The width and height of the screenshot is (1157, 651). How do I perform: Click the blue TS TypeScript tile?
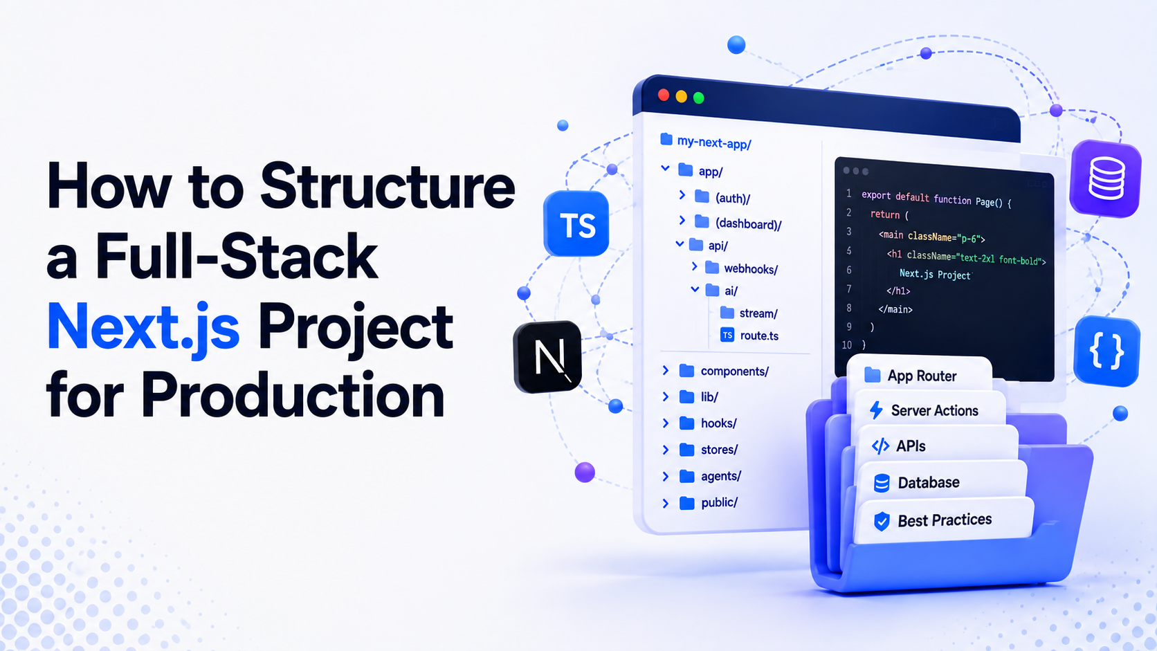576,223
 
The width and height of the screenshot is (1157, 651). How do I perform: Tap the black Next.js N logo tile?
547,357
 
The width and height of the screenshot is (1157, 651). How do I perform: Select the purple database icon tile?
1105,178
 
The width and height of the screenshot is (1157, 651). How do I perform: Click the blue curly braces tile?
1106,351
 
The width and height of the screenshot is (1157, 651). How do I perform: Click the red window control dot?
664,95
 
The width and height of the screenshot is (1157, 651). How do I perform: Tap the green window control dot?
699,98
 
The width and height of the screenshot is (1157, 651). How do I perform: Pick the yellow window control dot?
682,97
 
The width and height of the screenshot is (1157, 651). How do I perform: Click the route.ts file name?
759,336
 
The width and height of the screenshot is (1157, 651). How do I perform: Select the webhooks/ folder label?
751,269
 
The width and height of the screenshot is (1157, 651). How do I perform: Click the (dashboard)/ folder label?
749,224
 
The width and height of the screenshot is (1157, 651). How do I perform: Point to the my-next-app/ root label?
714,143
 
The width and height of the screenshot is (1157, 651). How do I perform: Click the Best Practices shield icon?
882,522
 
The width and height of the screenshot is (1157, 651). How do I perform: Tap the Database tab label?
929,483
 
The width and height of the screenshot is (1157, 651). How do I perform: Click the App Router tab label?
922,376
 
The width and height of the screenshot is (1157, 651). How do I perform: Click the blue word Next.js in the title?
144,327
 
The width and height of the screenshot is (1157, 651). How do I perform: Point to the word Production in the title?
292,394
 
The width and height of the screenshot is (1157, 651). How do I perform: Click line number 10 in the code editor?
847,345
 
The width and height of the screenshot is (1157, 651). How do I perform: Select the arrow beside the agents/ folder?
666,476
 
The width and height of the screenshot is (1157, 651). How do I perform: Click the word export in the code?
876,196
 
